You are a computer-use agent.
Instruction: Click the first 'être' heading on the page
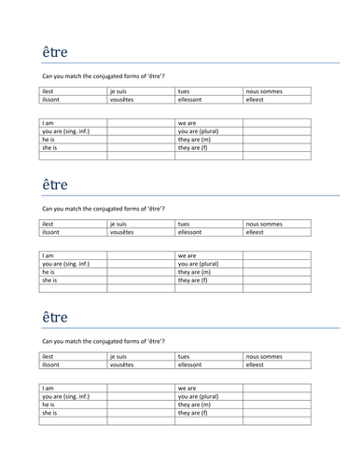(55, 52)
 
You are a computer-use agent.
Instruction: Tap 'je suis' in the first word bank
(118, 90)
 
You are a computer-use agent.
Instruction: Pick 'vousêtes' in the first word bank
(122, 99)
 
